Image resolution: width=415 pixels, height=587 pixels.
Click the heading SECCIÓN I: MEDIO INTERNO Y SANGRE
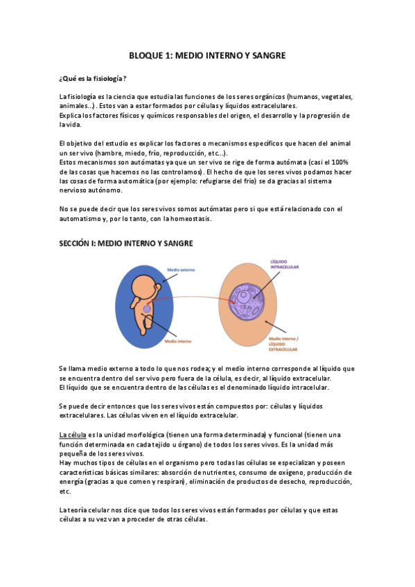click(125, 243)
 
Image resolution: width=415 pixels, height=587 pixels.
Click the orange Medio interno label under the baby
click(179, 341)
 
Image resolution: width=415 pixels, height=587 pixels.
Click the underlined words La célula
click(72, 433)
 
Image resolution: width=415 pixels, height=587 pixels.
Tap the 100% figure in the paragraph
click(339, 161)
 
